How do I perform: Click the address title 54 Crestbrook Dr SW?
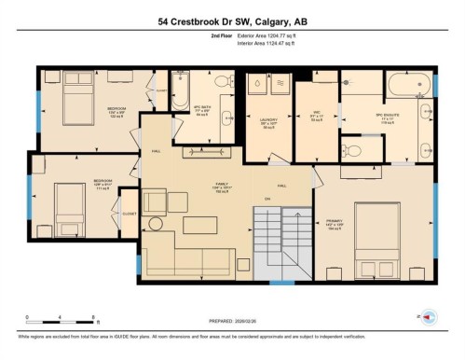tap(232, 20)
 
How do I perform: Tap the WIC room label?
tap(315, 115)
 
